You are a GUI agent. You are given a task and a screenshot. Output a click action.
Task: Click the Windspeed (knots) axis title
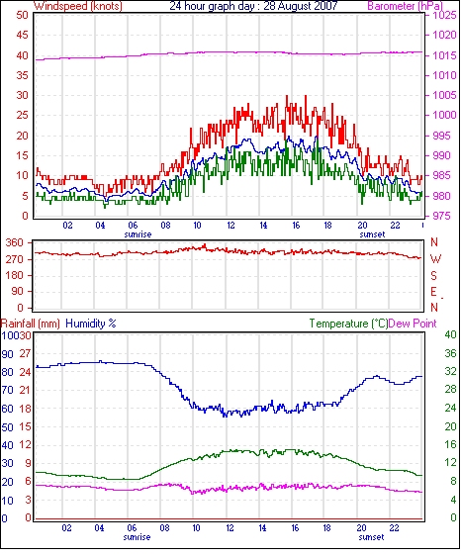point(78,6)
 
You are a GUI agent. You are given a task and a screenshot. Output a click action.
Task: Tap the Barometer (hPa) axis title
point(406,6)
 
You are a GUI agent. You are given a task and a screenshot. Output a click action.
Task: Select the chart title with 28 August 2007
point(253,6)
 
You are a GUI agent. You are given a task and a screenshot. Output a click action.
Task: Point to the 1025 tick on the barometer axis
point(444,15)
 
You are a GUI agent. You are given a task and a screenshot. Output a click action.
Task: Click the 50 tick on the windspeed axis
point(22,15)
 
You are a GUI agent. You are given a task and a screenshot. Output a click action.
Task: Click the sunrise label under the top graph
point(138,234)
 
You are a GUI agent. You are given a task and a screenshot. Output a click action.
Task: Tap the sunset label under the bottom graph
point(371,537)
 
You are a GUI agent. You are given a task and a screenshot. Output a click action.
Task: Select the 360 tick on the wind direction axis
point(15,243)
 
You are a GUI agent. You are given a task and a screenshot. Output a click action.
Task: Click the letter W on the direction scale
point(435,259)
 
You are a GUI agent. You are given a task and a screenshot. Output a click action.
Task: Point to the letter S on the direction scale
point(433,275)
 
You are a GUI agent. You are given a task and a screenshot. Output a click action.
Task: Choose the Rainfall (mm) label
point(30,324)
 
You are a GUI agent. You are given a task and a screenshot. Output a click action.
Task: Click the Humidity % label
point(91,324)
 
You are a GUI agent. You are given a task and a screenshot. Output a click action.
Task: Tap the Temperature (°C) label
point(348,324)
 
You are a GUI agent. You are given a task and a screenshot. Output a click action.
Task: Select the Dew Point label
point(413,324)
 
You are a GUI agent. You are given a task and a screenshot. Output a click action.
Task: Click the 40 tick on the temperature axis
point(450,334)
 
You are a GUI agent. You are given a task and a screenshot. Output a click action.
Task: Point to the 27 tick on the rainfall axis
point(25,353)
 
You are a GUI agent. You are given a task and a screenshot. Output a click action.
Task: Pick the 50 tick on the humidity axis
point(8,426)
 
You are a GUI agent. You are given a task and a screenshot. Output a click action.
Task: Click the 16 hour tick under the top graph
point(296,226)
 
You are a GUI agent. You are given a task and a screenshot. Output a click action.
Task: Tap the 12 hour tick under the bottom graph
point(230,528)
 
